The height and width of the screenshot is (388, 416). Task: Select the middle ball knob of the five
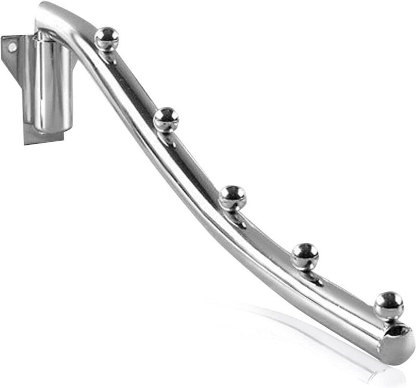coord(232,196)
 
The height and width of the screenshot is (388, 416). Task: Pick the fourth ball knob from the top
coord(305,254)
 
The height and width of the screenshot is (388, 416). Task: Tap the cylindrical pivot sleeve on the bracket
coord(52,78)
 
